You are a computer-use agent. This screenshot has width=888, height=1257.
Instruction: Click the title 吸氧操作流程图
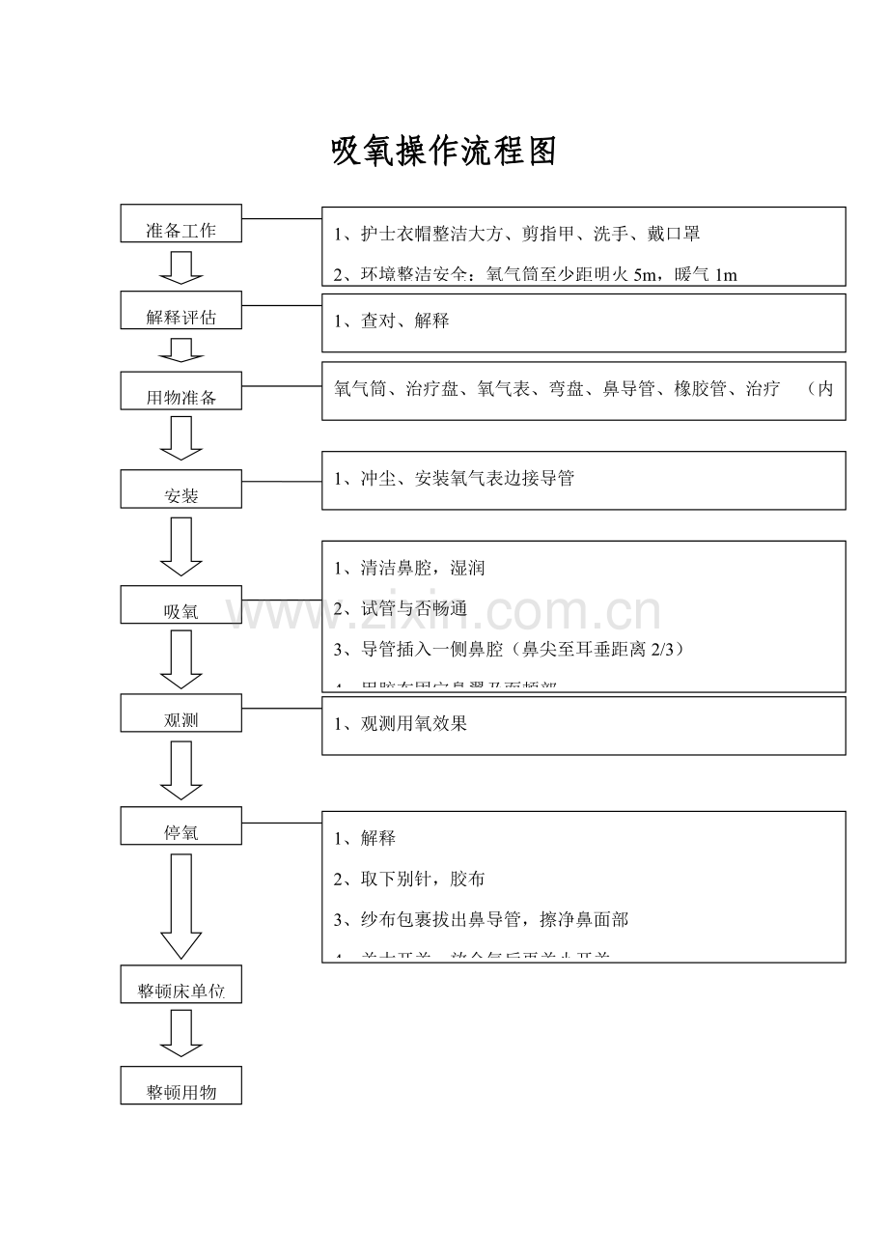pyautogui.click(x=444, y=152)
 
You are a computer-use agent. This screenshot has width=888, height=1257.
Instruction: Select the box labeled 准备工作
pyautogui.click(x=180, y=223)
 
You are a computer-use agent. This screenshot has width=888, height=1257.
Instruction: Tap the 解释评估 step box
pyautogui.click(x=180, y=310)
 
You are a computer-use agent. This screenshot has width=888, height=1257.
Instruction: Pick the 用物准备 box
pyautogui.click(x=180, y=390)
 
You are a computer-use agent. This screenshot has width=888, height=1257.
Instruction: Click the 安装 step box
pyautogui.click(x=180, y=489)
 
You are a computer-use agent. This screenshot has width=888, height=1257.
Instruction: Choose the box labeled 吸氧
pyautogui.click(x=180, y=604)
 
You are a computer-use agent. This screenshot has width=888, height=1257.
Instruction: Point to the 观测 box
pyautogui.click(x=180, y=712)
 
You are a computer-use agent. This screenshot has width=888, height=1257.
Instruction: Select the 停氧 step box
pyautogui.click(x=180, y=825)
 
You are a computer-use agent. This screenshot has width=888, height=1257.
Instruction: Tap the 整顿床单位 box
pyautogui.click(x=180, y=983)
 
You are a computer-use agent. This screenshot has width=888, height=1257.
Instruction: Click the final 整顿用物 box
pyautogui.click(x=180, y=1085)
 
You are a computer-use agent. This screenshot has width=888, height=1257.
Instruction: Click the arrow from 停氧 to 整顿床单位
pyautogui.click(x=180, y=906)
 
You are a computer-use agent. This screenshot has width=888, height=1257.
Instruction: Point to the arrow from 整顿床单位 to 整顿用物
pyautogui.click(x=180, y=1033)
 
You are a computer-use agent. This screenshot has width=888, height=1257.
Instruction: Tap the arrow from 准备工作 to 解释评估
pyautogui.click(x=180, y=267)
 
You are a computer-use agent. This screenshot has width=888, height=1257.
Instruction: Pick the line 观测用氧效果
pyautogui.click(x=413, y=723)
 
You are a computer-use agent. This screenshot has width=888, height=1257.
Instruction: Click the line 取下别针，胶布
pyautogui.click(x=422, y=879)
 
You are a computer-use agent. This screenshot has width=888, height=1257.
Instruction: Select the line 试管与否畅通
pyautogui.click(x=413, y=608)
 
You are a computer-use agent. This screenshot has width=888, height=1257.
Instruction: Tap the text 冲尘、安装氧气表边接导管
pyautogui.click(x=466, y=478)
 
